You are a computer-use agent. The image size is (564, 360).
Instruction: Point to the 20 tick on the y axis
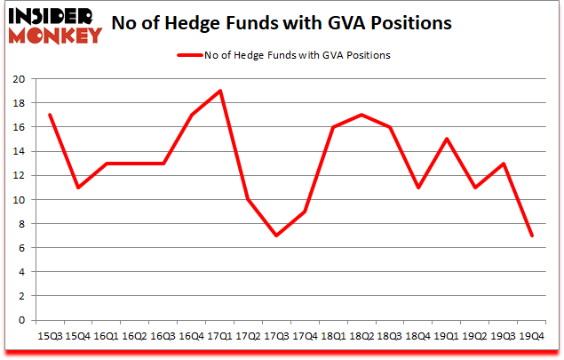click(x=18, y=79)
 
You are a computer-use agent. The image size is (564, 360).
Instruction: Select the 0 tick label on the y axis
click(x=20, y=320)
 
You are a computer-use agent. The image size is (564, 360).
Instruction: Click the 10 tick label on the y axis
click(x=18, y=199)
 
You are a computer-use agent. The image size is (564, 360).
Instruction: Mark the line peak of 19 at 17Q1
click(x=219, y=91)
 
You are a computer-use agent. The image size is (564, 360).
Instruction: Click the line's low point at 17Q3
click(x=276, y=236)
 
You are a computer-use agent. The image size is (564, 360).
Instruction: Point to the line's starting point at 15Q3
click(x=50, y=115)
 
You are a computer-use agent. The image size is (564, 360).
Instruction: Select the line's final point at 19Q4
click(x=531, y=236)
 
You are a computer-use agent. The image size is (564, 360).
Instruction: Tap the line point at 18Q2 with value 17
click(x=361, y=115)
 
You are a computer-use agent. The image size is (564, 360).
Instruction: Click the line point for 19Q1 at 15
click(x=446, y=139)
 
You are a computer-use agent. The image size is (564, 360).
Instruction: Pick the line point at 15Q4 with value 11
click(x=78, y=188)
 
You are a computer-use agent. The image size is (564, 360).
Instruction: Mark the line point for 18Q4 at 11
click(x=417, y=188)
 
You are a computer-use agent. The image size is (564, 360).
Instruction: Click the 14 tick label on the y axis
click(x=18, y=151)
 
